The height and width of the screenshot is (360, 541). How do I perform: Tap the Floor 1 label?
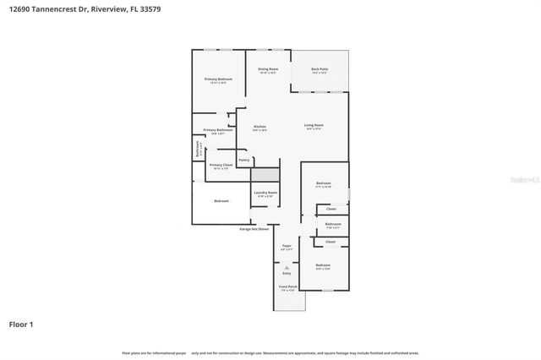[21, 324]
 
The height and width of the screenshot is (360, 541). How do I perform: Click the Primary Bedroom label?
[218, 79]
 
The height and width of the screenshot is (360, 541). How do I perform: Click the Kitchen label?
[260, 127]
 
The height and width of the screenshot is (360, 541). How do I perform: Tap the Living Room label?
[314, 125]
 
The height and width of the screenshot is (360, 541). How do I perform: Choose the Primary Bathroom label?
[217, 129]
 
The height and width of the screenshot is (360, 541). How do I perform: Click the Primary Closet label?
[221, 165]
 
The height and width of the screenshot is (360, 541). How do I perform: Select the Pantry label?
[243, 159]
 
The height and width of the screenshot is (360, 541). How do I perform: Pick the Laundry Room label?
[266, 193]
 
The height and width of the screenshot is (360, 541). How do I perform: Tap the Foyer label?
[287, 245]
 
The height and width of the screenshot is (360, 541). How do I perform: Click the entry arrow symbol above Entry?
[287, 267]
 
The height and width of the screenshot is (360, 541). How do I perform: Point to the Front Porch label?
[287, 286]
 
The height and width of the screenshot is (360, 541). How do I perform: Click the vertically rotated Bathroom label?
[199, 149]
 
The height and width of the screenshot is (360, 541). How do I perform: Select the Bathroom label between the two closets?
[333, 224]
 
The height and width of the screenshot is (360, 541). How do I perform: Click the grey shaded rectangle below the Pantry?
[265, 174]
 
